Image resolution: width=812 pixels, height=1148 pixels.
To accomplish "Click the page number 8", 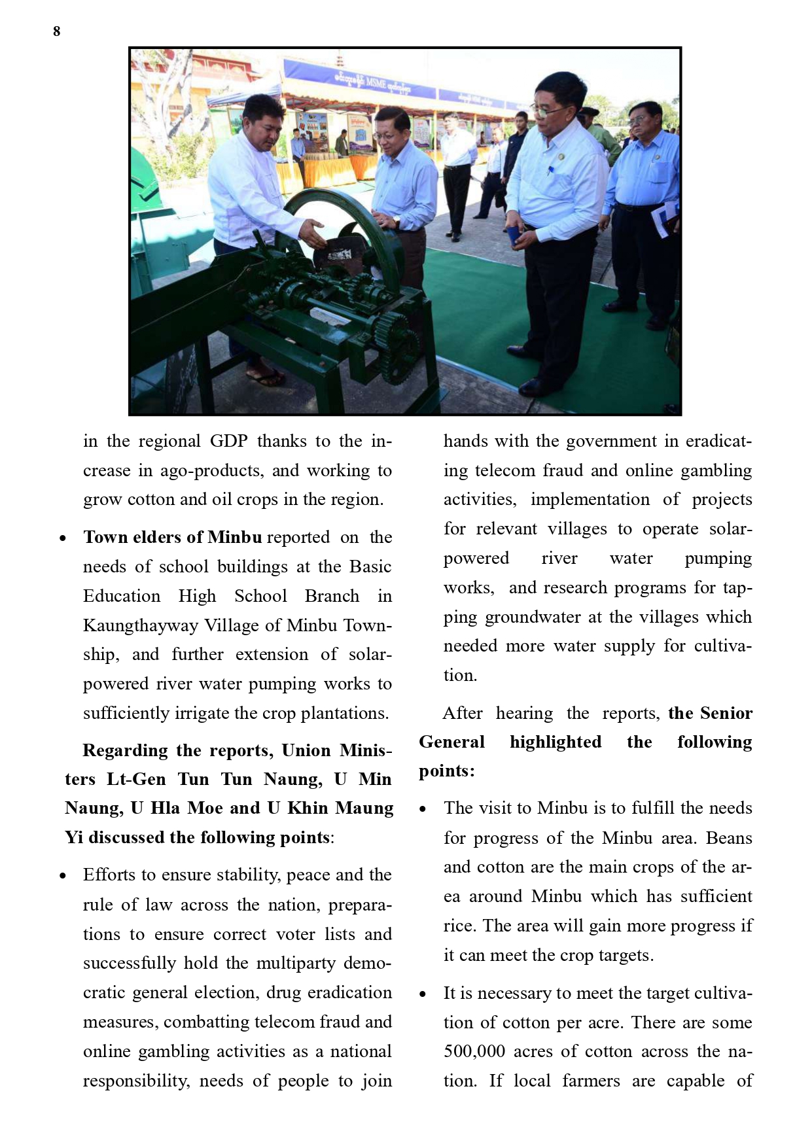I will click(x=57, y=31).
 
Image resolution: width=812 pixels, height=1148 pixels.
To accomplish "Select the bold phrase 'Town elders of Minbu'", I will click(x=172, y=537).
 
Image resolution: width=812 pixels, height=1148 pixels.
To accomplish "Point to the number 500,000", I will click(x=474, y=1051).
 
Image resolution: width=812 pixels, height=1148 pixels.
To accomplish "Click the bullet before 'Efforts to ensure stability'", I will click(x=63, y=876).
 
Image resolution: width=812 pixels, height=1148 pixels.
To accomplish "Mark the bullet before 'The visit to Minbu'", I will click(x=423, y=809).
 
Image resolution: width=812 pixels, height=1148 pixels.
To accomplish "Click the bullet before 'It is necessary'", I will click(x=423, y=994).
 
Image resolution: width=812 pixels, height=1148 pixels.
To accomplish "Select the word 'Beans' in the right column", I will click(x=729, y=838).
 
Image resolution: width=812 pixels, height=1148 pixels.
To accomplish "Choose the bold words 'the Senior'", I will click(x=710, y=713).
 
